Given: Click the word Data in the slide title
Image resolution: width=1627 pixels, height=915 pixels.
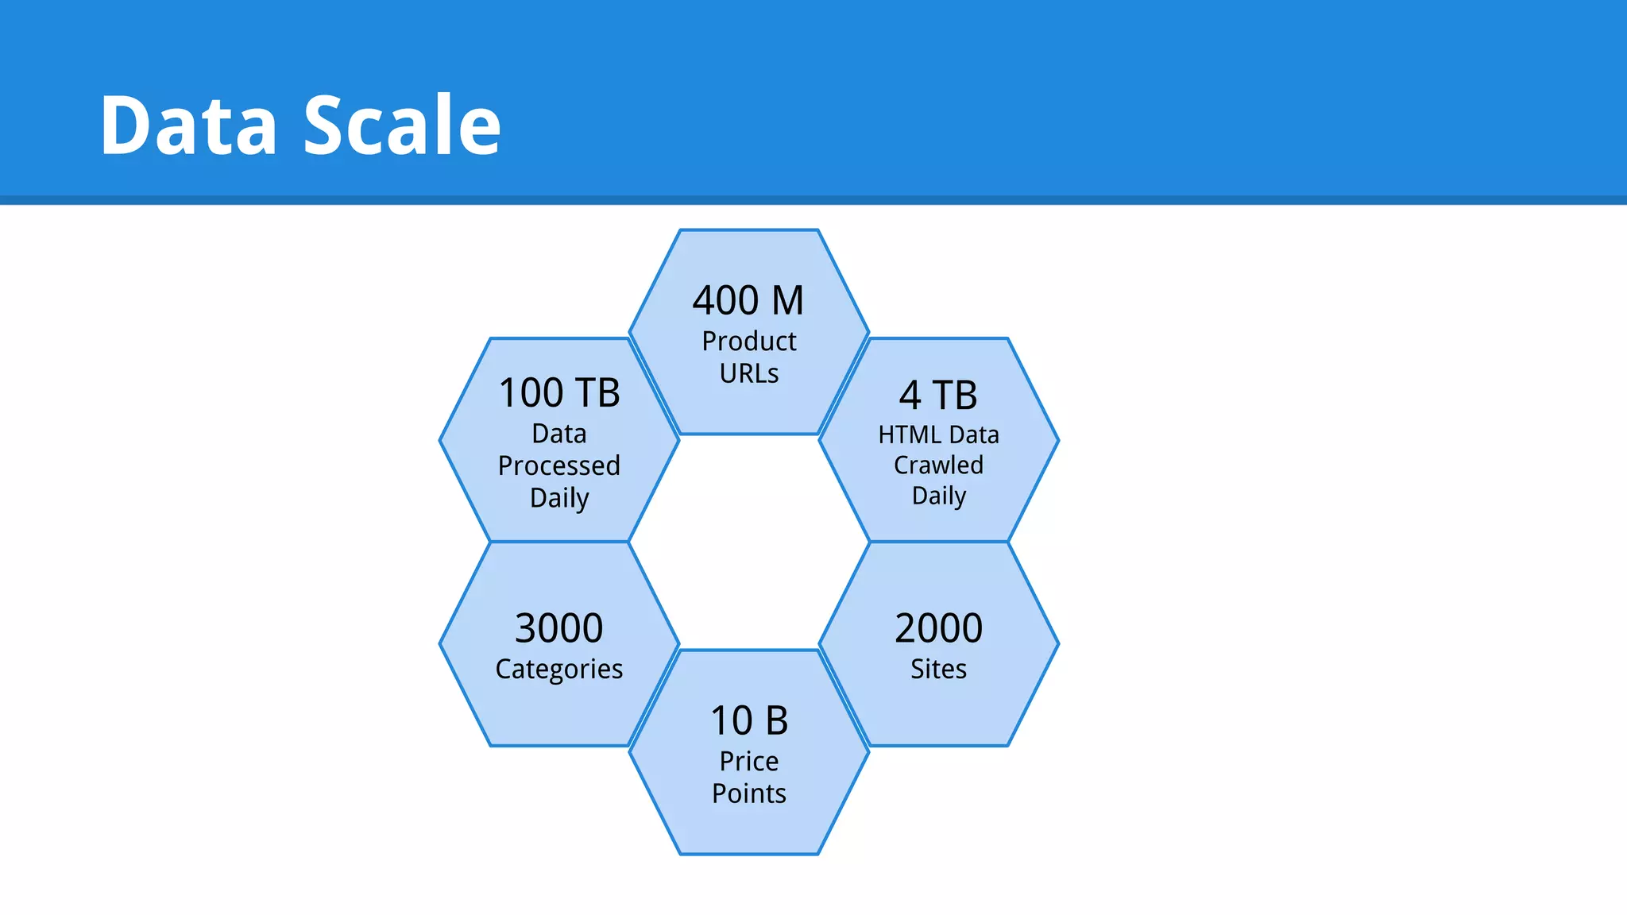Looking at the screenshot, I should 188,125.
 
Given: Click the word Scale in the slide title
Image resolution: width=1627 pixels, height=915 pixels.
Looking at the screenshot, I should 402,125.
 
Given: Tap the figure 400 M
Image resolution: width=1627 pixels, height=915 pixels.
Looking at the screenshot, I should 748,301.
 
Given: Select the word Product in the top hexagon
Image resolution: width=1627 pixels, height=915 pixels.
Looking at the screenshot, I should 748,342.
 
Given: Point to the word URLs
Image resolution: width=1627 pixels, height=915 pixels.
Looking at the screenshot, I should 748,373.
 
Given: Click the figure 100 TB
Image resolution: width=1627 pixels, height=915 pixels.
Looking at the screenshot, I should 559,393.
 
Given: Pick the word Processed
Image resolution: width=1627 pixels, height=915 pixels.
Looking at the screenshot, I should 559,465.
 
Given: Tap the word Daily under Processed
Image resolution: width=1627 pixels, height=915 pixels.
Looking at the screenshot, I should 559,498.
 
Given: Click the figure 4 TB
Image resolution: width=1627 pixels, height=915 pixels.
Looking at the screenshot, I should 938,396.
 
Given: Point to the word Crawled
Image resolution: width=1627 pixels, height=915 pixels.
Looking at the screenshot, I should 938,465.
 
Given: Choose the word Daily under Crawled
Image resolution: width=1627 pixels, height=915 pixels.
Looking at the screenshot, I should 938,496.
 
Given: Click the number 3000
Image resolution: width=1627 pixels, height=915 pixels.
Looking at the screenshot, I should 559,628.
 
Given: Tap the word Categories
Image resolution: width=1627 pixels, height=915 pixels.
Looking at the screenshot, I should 559,670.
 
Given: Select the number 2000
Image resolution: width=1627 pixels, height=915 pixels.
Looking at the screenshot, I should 938,628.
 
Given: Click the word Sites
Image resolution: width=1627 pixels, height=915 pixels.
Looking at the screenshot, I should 938,669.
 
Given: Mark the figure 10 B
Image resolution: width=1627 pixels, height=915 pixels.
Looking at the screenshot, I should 749,721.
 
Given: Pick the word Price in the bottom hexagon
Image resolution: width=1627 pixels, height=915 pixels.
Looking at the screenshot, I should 749,761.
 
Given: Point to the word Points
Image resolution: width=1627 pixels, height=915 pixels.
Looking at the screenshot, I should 749,793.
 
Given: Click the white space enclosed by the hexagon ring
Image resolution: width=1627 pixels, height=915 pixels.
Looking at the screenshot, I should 749,542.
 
